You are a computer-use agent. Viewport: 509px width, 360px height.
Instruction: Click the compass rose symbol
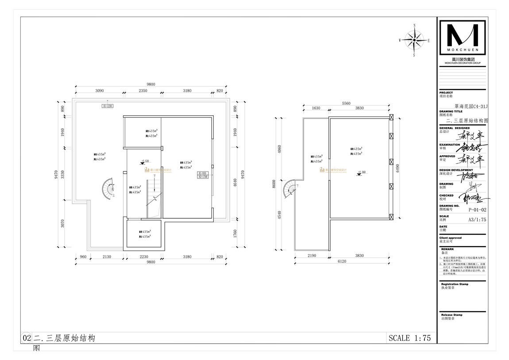(414, 40)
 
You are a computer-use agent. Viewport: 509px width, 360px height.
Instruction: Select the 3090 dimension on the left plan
(99, 90)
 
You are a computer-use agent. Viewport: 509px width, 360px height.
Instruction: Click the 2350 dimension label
(143, 90)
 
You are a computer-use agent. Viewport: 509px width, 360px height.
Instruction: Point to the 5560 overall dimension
(346, 103)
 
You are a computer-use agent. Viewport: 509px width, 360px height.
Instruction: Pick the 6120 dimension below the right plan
(346, 262)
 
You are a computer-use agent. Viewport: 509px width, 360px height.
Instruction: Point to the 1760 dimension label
(235, 233)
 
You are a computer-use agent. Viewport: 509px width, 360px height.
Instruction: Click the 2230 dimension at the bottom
(144, 256)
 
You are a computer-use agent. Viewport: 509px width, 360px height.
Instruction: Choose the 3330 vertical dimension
(63, 174)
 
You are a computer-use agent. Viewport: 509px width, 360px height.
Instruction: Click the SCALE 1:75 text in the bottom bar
(409, 338)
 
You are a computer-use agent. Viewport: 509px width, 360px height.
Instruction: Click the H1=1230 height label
(108, 106)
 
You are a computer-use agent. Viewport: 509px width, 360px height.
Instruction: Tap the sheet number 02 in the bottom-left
(26, 338)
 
